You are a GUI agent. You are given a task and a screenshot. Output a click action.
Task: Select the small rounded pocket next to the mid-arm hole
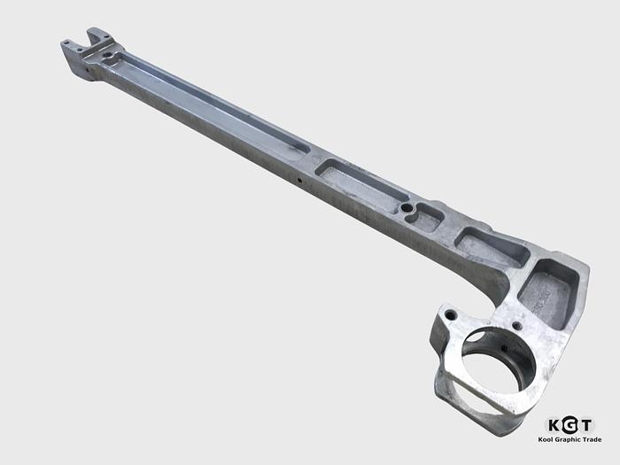point(430,216)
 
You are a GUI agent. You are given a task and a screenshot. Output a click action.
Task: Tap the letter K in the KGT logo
point(555,425)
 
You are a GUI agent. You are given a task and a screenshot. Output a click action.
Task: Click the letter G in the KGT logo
point(570,425)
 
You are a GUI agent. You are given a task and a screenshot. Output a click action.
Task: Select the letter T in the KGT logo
point(586,425)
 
